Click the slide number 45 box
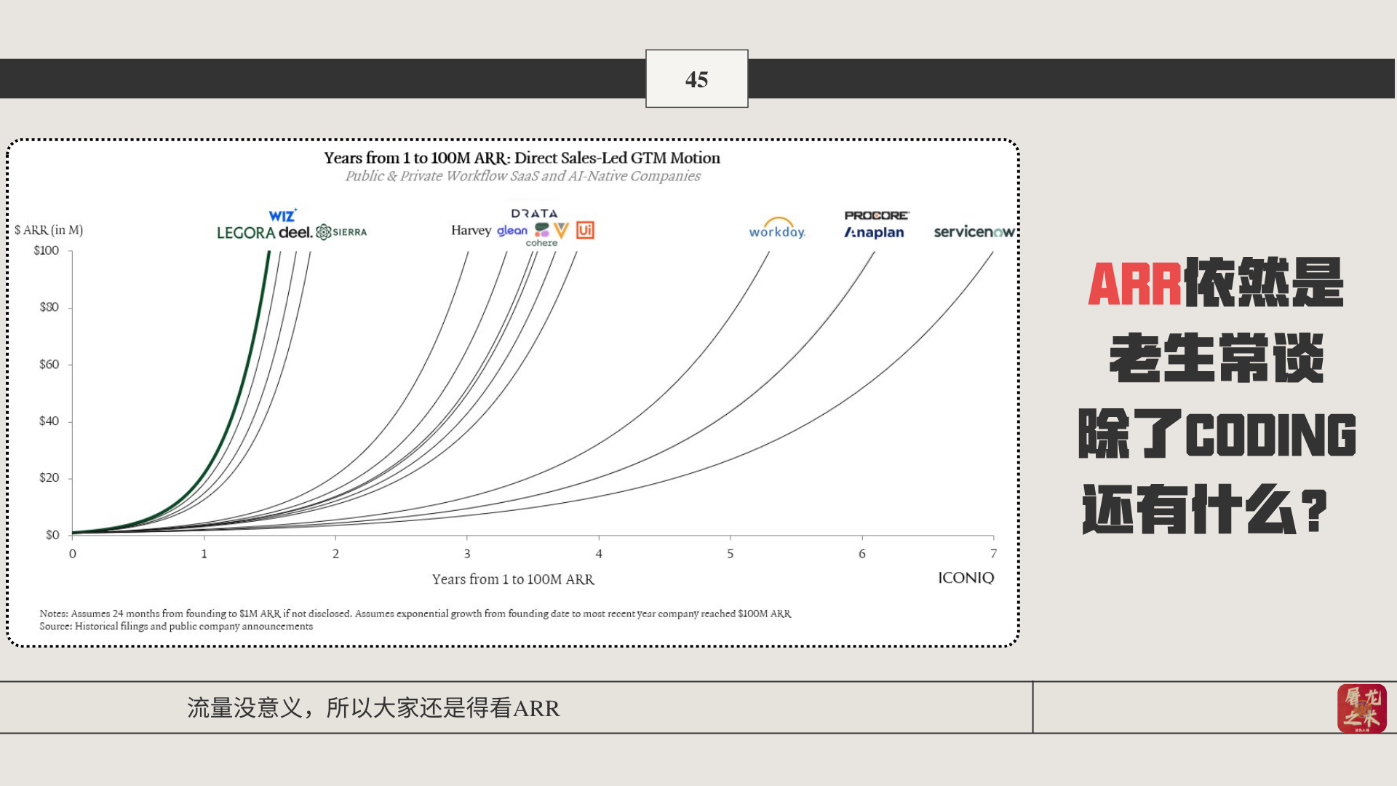pos(696,79)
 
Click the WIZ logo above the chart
pos(282,215)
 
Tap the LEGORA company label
pos(245,233)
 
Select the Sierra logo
pos(341,232)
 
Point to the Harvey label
pos(471,231)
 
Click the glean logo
pos(512,231)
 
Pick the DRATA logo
pos(534,213)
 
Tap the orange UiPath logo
pos(585,230)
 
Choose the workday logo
pos(777,229)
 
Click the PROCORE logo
pos(877,215)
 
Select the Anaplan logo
pos(874,233)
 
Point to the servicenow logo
pos(974,231)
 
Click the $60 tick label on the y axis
pos(49,364)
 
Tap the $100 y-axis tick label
pos(47,250)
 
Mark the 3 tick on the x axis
pos(467,554)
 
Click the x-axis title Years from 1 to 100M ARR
pos(513,579)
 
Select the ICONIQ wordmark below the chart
pos(966,578)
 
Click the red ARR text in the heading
pos(1134,284)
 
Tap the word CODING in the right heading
pos(1271,434)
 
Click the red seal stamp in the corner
pos(1361,708)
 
